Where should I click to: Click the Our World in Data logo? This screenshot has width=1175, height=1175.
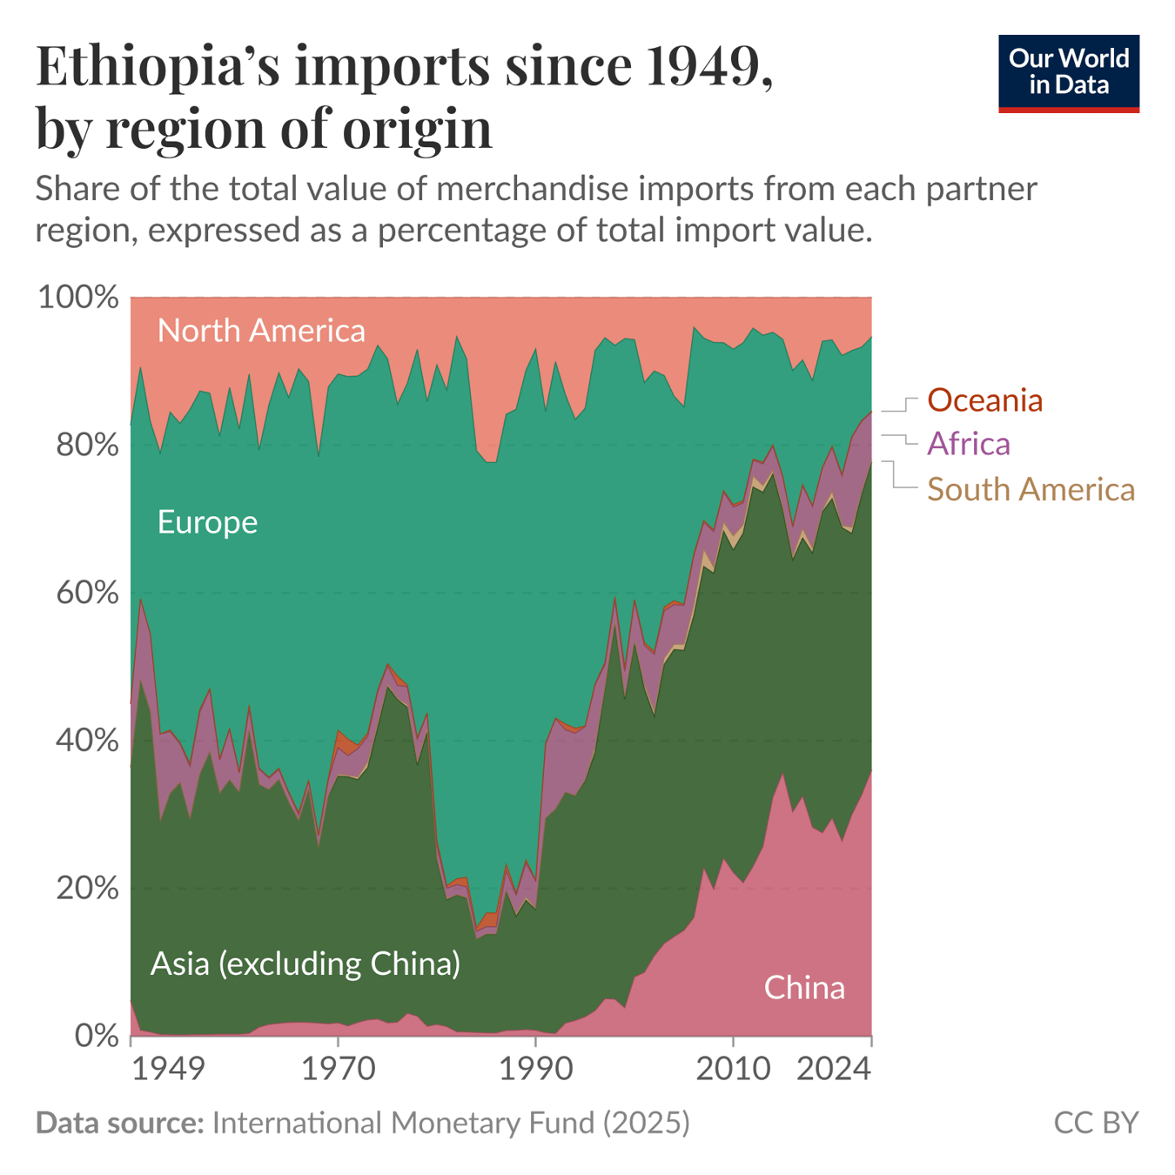(1068, 73)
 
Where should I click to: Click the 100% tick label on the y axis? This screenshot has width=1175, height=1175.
(78, 297)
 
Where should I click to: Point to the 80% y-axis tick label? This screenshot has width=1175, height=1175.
(86, 445)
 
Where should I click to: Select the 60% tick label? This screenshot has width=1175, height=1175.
(86, 593)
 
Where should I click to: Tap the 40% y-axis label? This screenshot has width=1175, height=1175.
(86, 741)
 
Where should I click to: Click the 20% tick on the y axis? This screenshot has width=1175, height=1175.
(86, 889)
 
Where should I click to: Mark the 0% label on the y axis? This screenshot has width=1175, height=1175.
(96, 1036)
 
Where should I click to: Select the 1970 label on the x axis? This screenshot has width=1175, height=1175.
(339, 1067)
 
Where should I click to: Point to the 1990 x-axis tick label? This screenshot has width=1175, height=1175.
(536, 1067)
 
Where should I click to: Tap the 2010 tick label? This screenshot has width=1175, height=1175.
(733, 1067)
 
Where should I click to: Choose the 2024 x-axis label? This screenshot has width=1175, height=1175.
(833, 1067)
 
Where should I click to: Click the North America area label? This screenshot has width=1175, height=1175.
(261, 331)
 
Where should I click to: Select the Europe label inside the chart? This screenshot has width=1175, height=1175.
(207, 522)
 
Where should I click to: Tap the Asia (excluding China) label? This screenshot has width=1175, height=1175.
(305, 963)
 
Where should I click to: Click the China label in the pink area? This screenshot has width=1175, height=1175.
(804, 988)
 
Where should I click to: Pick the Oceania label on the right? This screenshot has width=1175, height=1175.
(984, 400)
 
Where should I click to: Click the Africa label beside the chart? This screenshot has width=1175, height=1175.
(968, 444)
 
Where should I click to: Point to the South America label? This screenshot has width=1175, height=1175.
(1031, 489)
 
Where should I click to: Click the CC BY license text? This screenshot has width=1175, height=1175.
(1095, 1123)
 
